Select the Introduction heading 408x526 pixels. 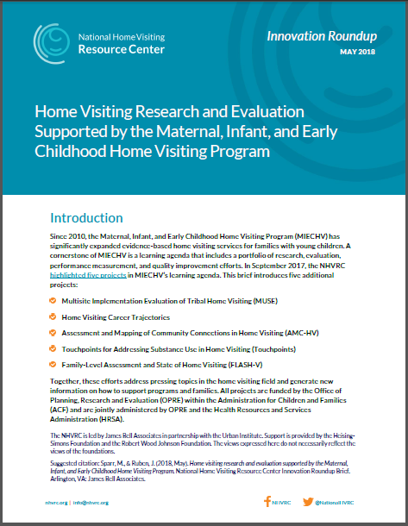tap(78, 218)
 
